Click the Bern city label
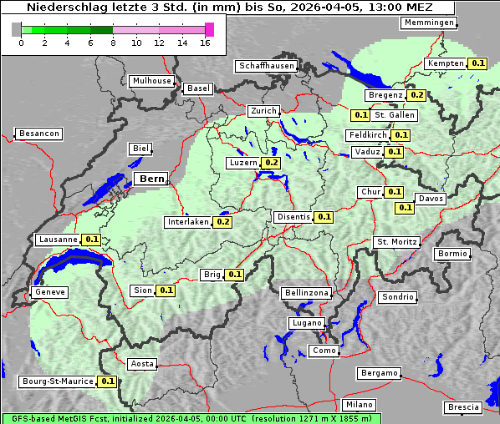coord(152,179)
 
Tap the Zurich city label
coord(263,111)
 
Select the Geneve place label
coord(48,292)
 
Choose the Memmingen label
coord(430,23)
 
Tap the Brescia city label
coord(463,406)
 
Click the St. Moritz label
coord(395,242)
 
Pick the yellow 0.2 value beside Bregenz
coord(417,95)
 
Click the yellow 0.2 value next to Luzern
coord(272,163)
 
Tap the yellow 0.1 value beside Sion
coord(166,290)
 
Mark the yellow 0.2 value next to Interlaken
coord(223,222)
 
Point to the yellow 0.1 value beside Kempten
coord(477,63)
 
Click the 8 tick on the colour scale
coord(113,43)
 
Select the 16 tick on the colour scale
coord(206,43)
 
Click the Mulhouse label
coord(151,81)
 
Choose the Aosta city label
coord(142,364)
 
